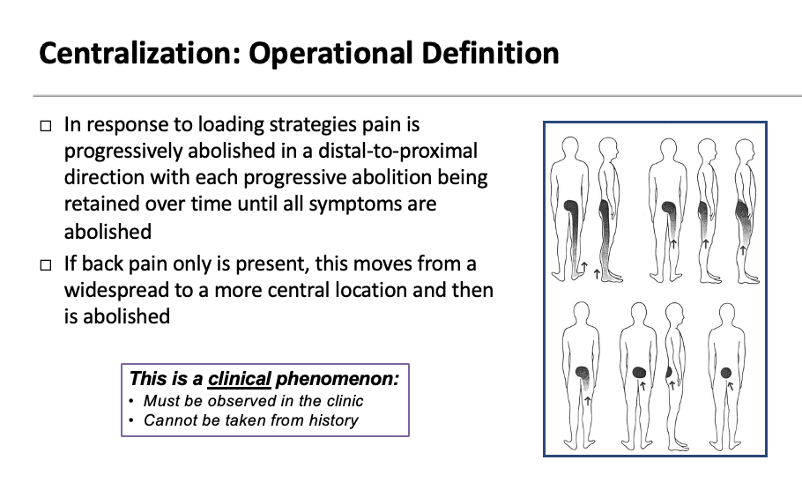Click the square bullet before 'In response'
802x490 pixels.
click(x=46, y=127)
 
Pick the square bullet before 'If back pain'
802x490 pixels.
click(x=46, y=264)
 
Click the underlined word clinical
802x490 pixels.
click(x=239, y=379)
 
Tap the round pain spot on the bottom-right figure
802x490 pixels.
click(x=726, y=373)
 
